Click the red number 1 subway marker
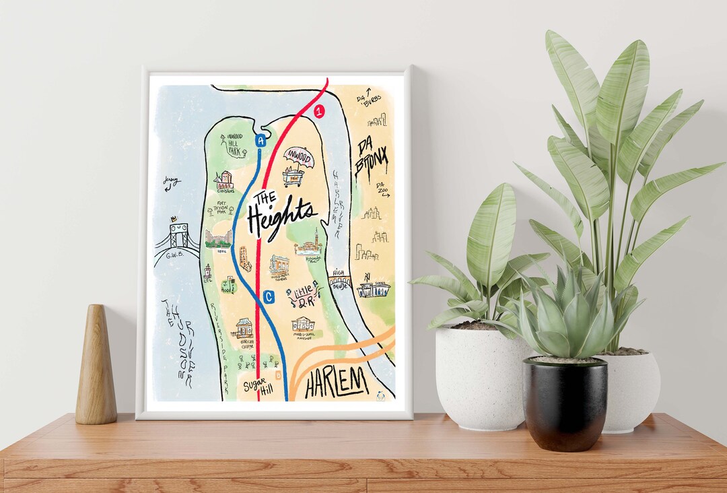(x=319, y=109)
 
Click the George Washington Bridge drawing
(x=177, y=240)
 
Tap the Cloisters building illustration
(x=224, y=180)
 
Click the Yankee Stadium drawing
(x=374, y=289)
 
